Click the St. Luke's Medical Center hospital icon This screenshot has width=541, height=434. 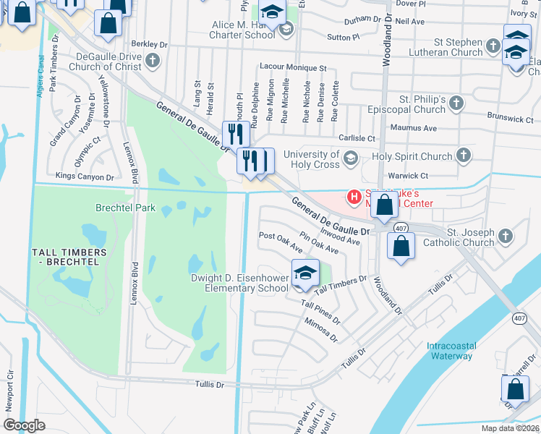tap(354, 196)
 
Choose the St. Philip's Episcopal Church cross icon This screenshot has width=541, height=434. tap(456, 104)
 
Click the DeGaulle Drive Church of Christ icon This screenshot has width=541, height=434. tap(153, 62)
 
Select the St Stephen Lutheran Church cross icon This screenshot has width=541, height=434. tap(493, 46)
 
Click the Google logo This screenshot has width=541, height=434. tap(25, 425)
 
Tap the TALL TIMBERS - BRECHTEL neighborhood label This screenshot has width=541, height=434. tap(69, 257)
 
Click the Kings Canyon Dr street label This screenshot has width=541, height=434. tap(85, 176)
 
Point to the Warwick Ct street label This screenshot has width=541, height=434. tap(408, 176)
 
